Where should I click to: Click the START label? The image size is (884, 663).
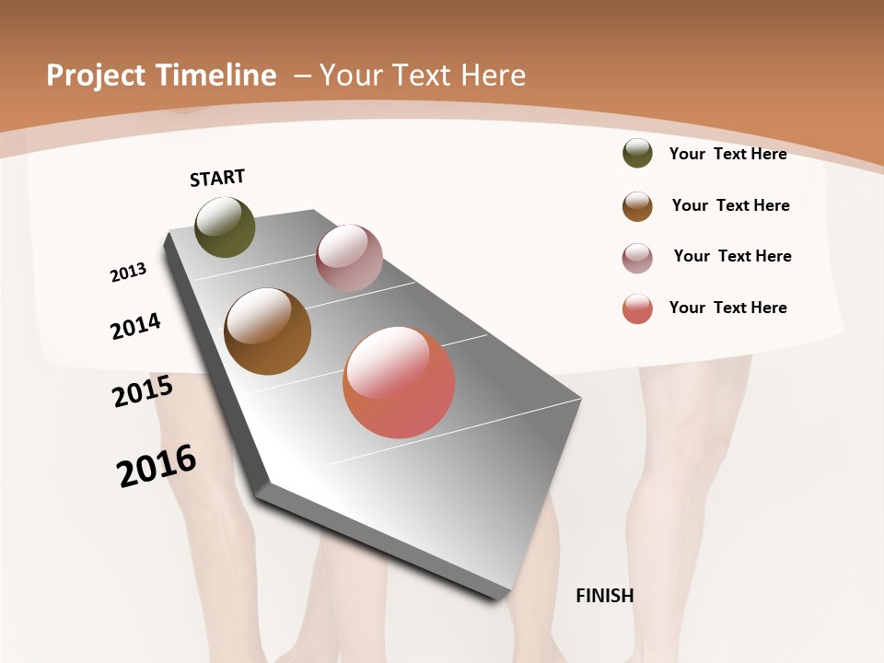click(x=217, y=178)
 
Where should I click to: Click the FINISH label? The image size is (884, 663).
click(x=604, y=596)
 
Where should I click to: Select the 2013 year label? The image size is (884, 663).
click(x=128, y=273)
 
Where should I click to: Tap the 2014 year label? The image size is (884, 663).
click(x=135, y=326)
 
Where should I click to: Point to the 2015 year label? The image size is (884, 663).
click(x=143, y=391)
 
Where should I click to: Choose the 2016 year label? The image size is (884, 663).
click(x=157, y=466)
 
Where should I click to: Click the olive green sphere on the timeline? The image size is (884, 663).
click(x=225, y=227)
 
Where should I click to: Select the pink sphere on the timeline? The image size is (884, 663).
click(x=349, y=258)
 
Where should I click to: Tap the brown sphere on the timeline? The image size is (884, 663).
click(x=267, y=331)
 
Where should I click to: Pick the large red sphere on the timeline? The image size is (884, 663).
click(x=399, y=382)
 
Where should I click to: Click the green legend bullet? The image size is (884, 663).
click(x=637, y=154)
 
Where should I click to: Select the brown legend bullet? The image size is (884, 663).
click(x=637, y=206)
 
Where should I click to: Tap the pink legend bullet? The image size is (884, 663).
click(x=637, y=258)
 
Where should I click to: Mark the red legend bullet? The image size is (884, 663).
click(x=637, y=308)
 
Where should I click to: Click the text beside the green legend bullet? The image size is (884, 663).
click(x=727, y=154)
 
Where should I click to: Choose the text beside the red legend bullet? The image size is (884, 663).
click(x=727, y=308)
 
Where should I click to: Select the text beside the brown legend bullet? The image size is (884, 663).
click(x=730, y=205)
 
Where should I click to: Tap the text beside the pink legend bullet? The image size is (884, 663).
click(x=732, y=256)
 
